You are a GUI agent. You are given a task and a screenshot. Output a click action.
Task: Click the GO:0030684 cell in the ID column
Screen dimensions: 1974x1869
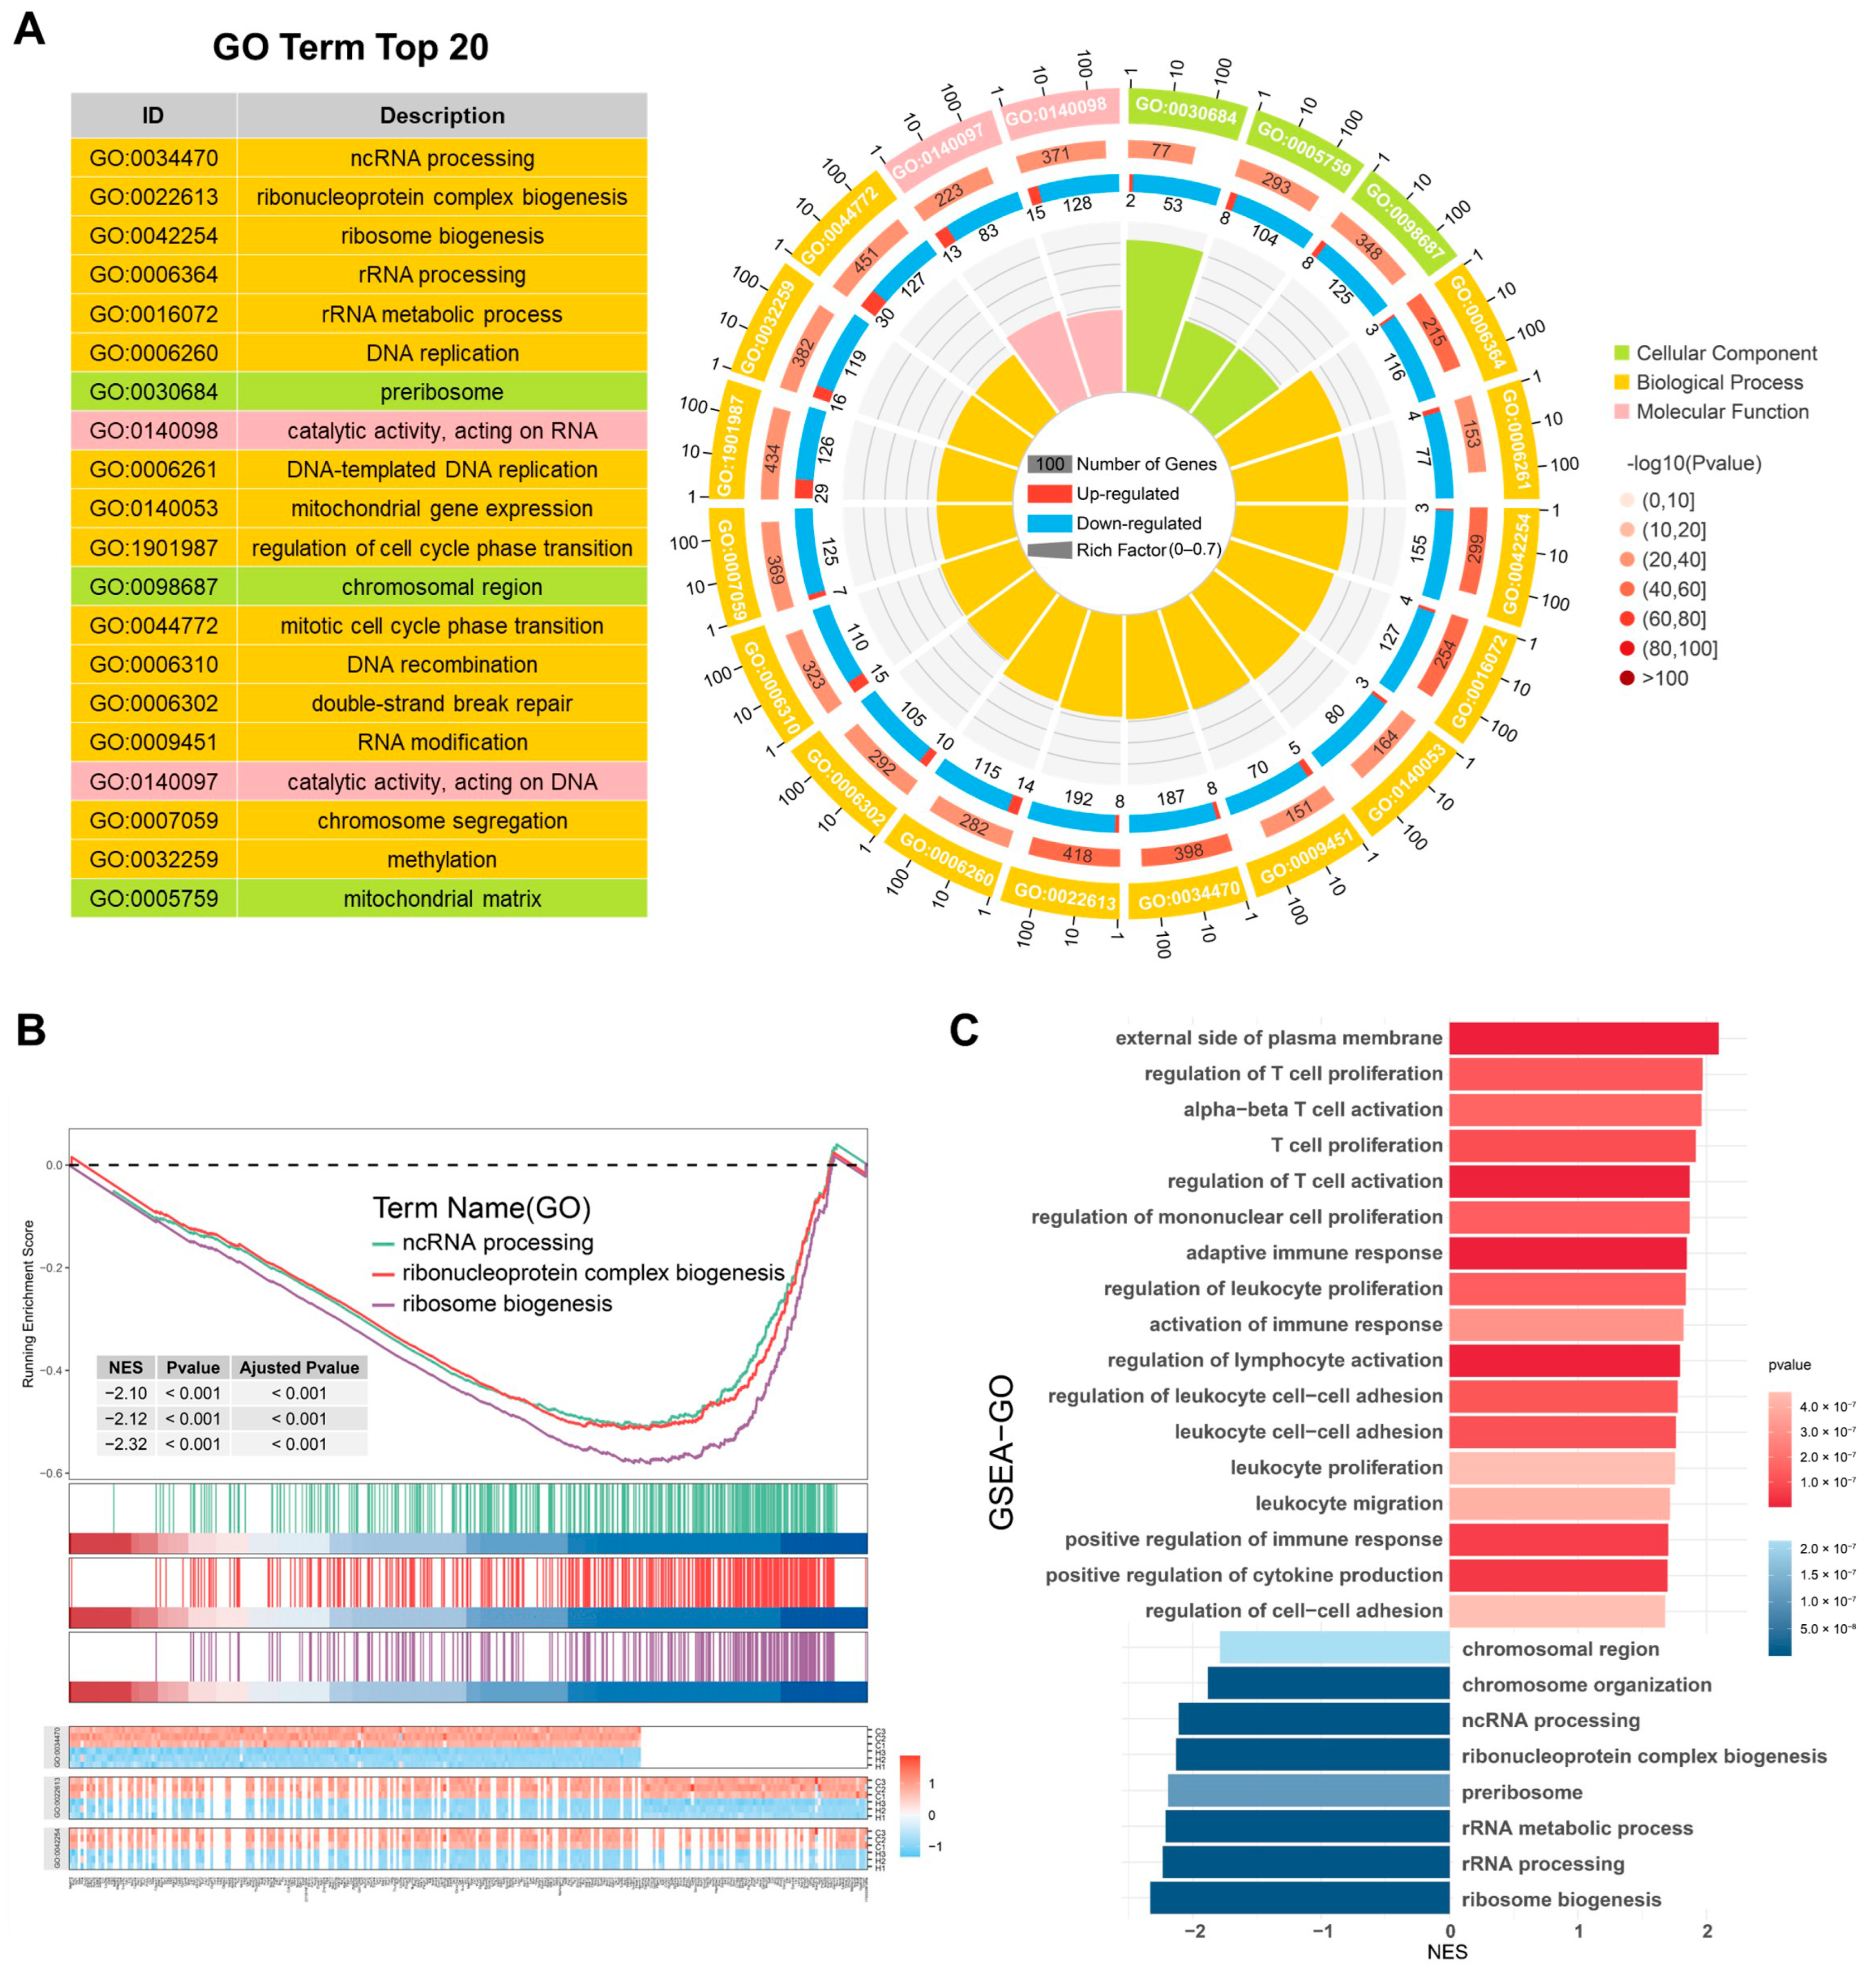click(x=153, y=392)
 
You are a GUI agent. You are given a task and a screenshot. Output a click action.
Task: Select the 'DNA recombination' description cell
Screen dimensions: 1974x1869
click(x=441, y=664)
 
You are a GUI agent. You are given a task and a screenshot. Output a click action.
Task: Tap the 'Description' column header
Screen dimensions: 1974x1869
click(x=441, y=116)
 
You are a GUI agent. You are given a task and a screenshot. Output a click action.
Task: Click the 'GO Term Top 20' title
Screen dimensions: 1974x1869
click(x=351, y=47)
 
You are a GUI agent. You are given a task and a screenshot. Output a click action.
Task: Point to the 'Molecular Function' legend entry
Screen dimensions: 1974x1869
click(x=1721, y=412)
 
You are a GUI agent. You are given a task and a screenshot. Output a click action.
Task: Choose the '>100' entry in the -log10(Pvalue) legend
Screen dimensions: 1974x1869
click(x=1663, y=678)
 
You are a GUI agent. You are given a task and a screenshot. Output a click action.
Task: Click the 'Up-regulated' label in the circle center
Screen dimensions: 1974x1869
click(x=1127, y=493)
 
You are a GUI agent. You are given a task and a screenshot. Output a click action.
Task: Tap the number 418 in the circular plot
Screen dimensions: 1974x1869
click(x=1077, y=855)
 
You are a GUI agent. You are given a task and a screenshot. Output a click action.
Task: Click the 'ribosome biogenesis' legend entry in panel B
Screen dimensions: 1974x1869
click(x=507, y=1303)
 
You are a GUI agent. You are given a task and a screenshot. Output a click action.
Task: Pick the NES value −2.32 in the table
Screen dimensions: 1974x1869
click(x=125, y=1444)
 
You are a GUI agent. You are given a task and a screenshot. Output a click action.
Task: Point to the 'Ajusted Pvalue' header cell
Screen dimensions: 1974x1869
click(x=299, y=1367)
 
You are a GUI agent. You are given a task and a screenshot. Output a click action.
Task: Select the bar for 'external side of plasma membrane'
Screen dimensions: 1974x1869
click(x=1583, y=1038)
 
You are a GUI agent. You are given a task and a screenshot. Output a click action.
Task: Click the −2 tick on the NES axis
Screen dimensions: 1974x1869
click(x=1195, y=1931)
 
